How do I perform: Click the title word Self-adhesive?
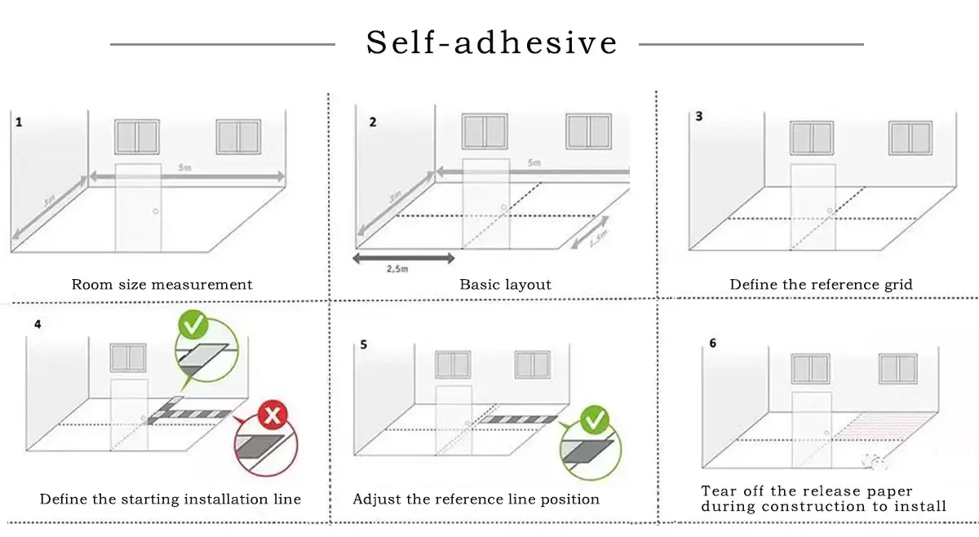(x=492, y=42)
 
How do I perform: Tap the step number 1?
(x=19, y=122)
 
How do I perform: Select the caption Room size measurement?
(x=162, y=285)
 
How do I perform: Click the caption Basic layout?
(x=505, y=285)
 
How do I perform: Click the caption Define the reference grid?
(x=821, y=285)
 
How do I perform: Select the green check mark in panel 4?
(x=195, y=326)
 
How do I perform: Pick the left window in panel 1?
(x=136, y=137)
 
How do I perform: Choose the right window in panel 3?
(x=910, y=138)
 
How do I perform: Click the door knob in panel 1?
(x=155, y=211)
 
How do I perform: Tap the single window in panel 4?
(x=128, y=357)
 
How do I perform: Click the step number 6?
(x=712, y=344)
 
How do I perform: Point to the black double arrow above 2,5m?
(x=403, y=258)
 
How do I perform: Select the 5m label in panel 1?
(x=184, y=167)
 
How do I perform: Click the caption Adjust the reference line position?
(x=476, y=499)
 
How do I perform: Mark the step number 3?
(x=698, y=117)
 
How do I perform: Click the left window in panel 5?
(x=453, y=365)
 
